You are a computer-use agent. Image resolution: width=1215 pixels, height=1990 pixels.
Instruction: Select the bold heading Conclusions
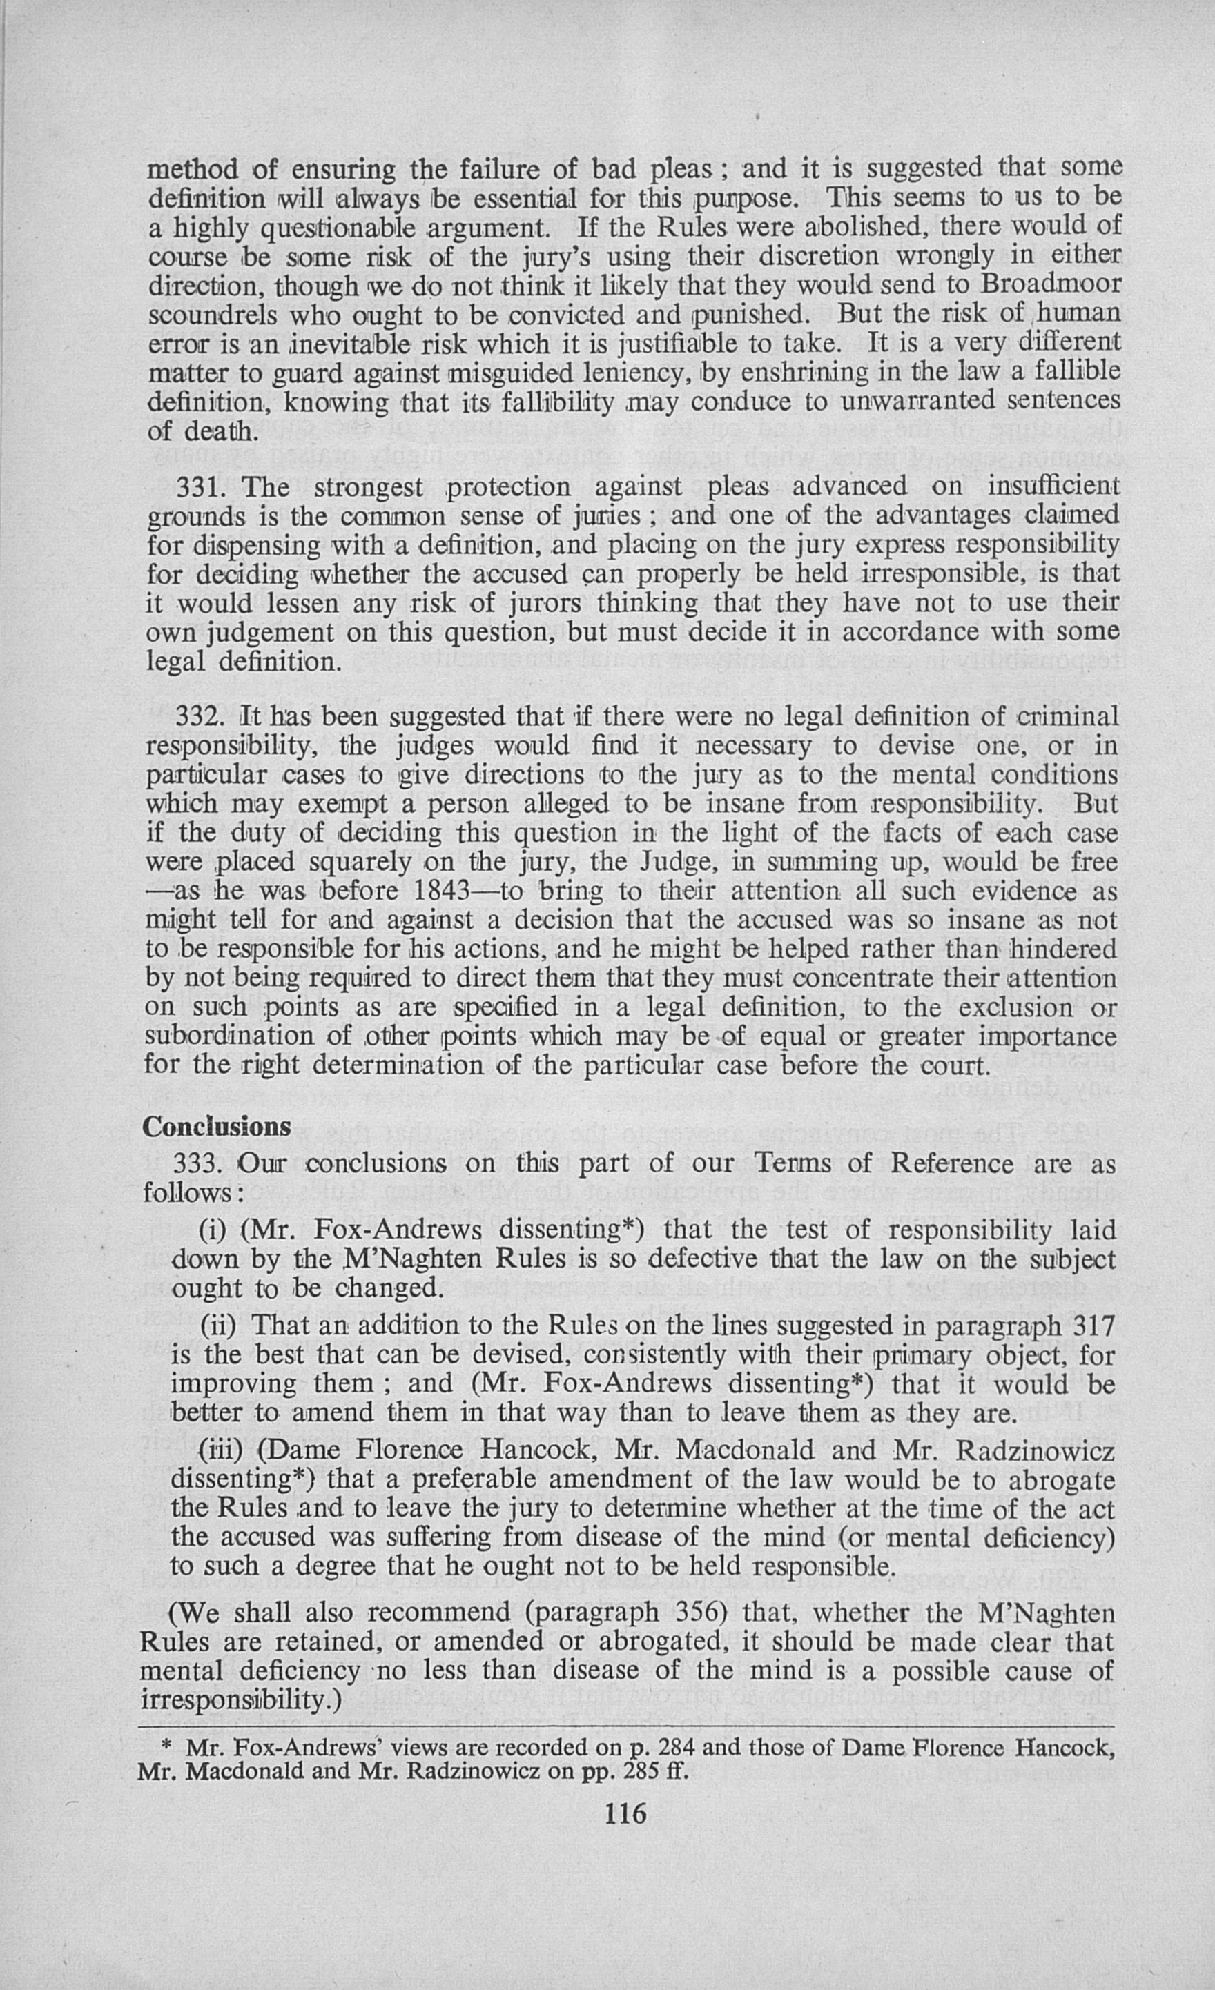tap(217, 1127)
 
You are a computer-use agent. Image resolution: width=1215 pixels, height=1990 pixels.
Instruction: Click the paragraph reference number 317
tap(1093, 1326)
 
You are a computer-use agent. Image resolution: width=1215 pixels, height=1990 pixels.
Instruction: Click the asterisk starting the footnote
tap(166, 1748)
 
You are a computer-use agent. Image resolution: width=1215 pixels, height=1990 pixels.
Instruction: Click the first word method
tap(193, 170)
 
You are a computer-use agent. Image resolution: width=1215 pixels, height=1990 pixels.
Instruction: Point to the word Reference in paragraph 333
tap(952, 1164)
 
